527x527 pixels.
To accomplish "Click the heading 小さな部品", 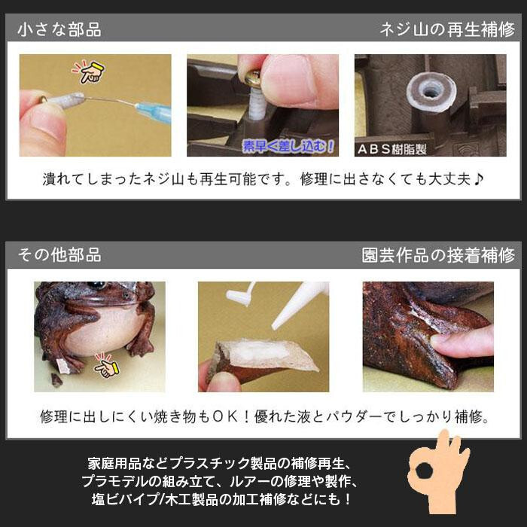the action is pyautogui.click(x=59, y=29).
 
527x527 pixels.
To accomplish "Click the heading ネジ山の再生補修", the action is pyautogui.click(x=447, y=29).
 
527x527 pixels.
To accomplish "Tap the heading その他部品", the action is pyautogui.click(x=59, y=255).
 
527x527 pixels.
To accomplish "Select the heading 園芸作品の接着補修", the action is pyautogui.click(x=438, y=255).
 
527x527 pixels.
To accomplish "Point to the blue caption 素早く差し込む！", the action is pyautogui.click(x=288, y=147).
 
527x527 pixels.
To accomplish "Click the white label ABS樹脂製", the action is pyautogui.click(x=392, y=149).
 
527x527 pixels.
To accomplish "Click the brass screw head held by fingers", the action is pyautogui.click(x=253, y=79).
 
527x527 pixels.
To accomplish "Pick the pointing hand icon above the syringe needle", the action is pyautogui.click(x=89, y=72).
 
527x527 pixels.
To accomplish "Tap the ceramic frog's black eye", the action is pyautogui.click(x=97, y=285).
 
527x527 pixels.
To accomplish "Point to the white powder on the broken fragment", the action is pyautogui.click(x=260, y=352).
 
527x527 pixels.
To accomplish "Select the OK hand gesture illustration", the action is pyautogui.click(x=439, y=472).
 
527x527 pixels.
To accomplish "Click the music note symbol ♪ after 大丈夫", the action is pyautogui.click(x=478, y=179).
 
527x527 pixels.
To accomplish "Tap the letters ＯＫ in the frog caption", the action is pyautogui.click(x=225, y=417).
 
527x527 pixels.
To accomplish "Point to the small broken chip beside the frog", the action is pyautogui.click(x=56, y=380).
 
